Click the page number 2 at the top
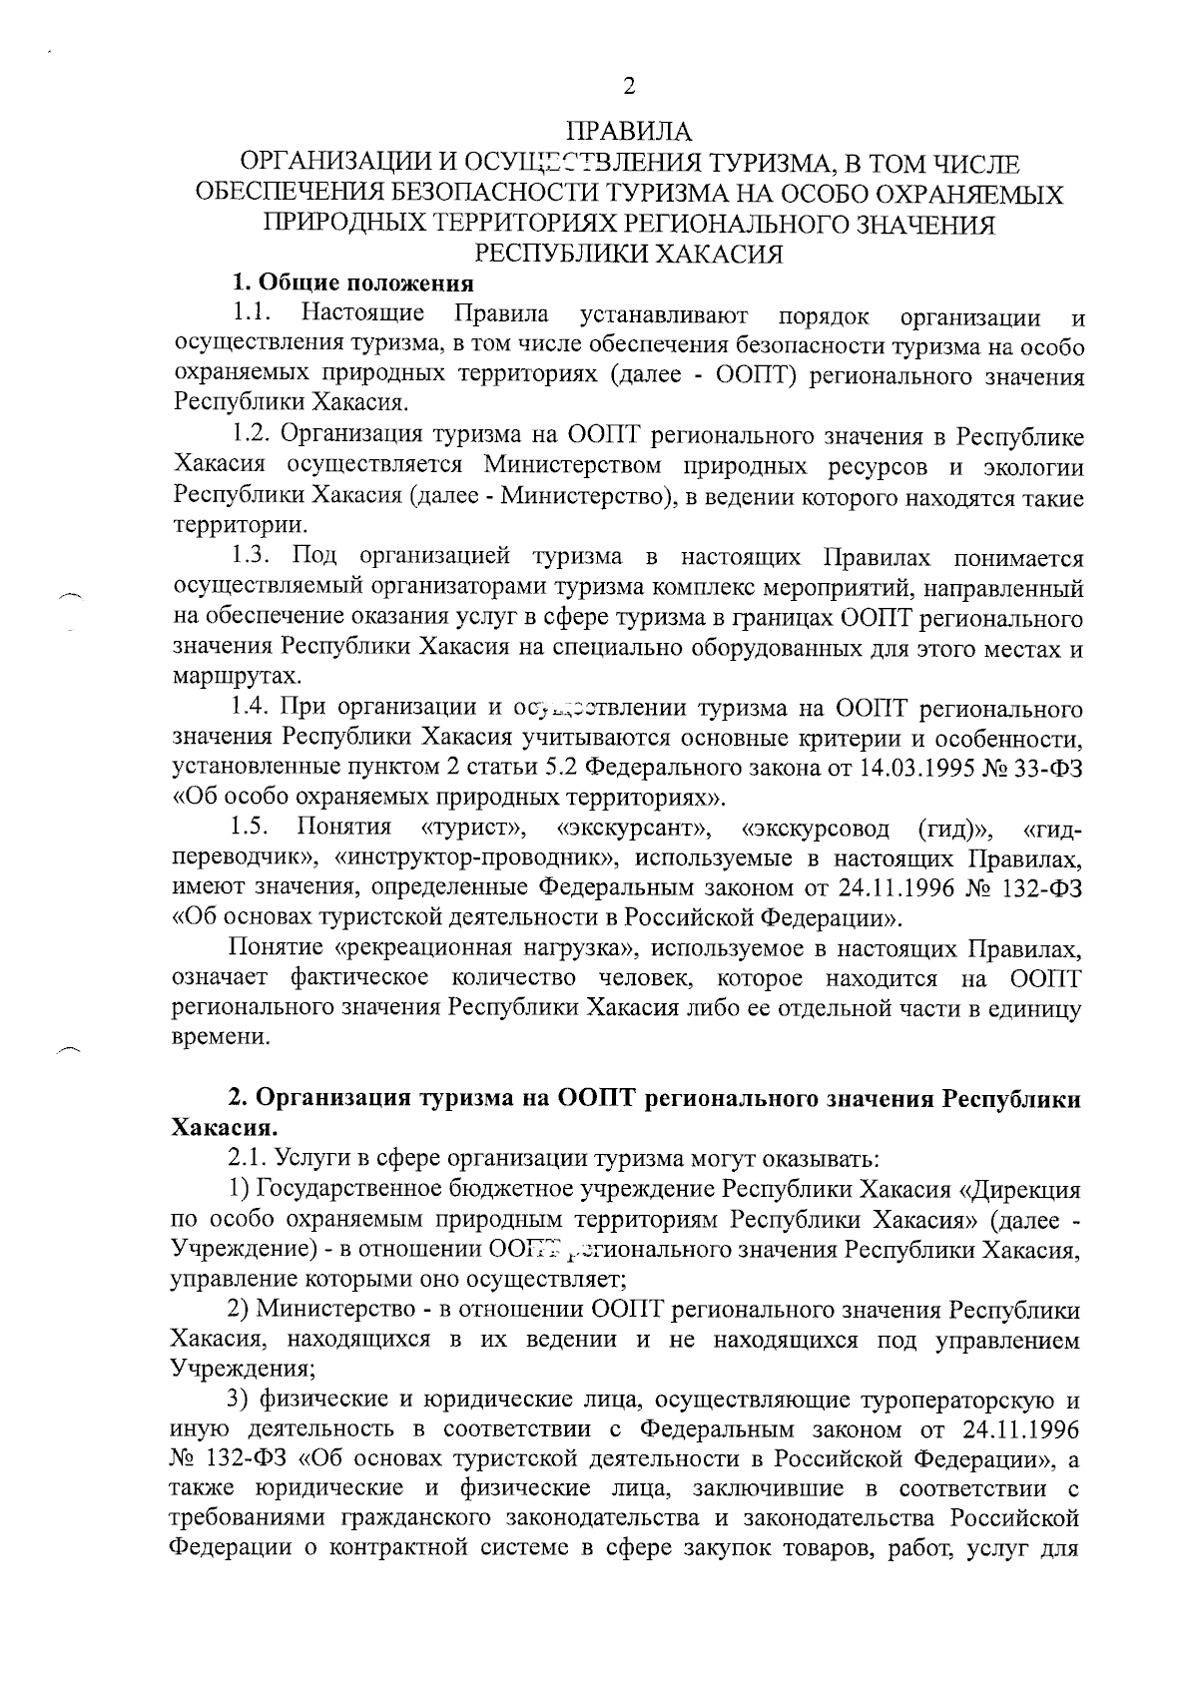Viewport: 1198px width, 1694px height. coord(628,87)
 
